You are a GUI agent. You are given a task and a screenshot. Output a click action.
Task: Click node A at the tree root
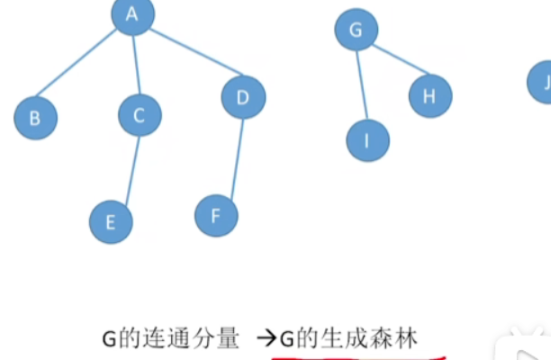[133, 14]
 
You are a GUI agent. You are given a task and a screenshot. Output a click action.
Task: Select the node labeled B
[35, 118]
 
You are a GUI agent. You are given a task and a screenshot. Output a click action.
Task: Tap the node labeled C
[140, 114]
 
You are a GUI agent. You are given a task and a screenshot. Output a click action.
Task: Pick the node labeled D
[243, 97]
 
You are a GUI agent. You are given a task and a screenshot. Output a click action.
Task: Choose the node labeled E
[111, 221]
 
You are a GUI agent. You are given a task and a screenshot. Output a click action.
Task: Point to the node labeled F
[217, 215]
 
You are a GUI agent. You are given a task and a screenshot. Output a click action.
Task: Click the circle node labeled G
[356, 31]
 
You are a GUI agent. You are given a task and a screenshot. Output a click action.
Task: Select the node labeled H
[429, 96]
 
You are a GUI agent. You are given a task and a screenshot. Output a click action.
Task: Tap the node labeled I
[368, 139]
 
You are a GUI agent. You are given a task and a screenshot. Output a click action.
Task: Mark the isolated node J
[543, 84]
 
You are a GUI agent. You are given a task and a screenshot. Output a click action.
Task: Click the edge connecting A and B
[79, 65]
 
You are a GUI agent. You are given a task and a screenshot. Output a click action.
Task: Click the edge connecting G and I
[362, 85]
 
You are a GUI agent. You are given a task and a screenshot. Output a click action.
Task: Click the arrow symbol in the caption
[266, 339]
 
